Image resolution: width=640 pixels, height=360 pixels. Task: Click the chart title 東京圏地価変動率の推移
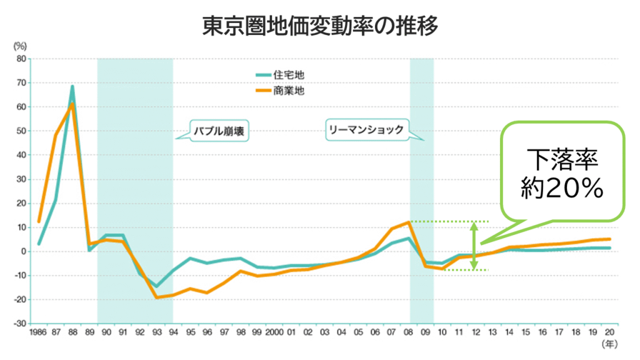[x=320, y=26]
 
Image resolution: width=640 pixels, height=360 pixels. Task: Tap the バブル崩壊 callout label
[x=216, y=132]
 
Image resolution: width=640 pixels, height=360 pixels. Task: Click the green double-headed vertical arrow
[x=474, y=246]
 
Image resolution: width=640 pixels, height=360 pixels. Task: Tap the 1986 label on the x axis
[x=39, y=332]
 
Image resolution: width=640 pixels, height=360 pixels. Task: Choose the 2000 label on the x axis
[x=274, y=332]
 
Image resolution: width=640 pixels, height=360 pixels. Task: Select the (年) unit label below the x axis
[x=608, y=344]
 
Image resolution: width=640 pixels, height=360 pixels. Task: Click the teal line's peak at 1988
[x=72, y=87]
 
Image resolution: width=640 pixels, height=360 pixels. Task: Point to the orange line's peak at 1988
[x=72, y=104]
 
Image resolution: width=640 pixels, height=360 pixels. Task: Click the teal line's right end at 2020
[x=609, y=248]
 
